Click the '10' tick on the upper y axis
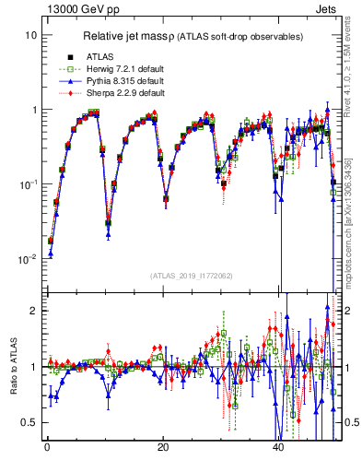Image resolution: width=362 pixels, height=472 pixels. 31,35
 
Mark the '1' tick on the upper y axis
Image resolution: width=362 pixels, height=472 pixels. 34,110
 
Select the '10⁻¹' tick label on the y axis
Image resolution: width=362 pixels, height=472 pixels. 29,183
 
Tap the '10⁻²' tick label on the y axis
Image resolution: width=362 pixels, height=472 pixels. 29,259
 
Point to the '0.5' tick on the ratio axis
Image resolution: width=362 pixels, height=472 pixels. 30,422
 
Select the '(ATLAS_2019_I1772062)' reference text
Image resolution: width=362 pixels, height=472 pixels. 193,275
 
